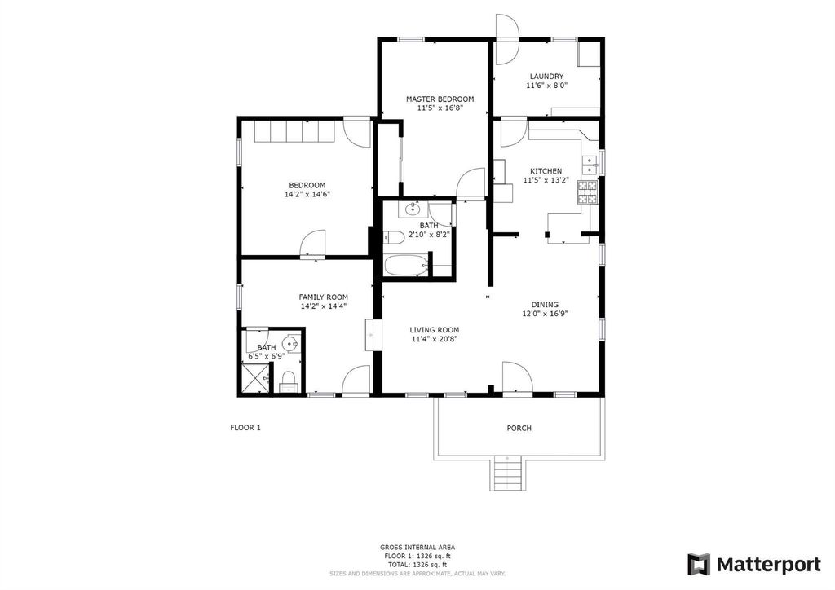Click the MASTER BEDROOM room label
tap(440, 99)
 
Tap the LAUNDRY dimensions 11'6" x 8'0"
tap(547, 85)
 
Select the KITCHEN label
tap(546, 171)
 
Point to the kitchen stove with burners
tap(587, 192)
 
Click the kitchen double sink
tap(590, 165)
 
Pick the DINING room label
tap(545, 305)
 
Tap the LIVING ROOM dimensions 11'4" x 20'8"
tap(435, 339)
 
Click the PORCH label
tap(519, 429)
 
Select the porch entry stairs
tap(507, 473)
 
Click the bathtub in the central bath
tap(406, 265)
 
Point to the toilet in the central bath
tap(393, 238)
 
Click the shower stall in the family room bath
tap(255, 378)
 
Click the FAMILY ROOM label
tap(323, 297)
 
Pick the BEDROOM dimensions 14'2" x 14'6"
tap(307, 195)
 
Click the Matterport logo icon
tap(699, 565)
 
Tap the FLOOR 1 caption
tap(245, 427)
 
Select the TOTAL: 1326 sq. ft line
tap(417, 565)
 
